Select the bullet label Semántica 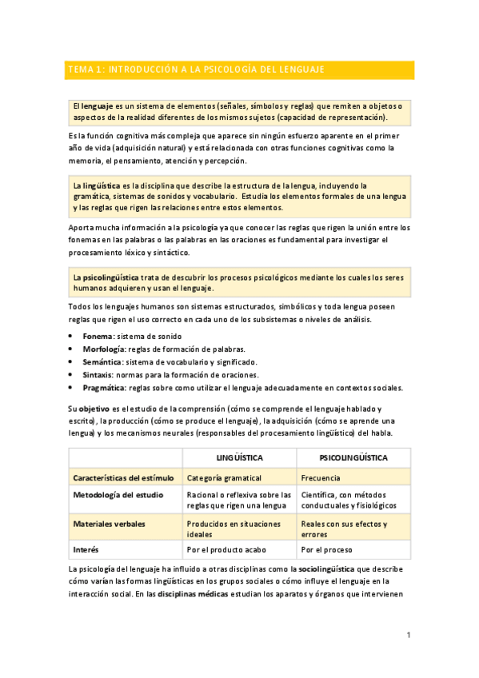pos(102,362)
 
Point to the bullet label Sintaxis pos(98,375)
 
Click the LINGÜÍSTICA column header pos(240,458)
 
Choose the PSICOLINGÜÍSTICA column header pos(353,458)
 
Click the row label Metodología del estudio pos(118,495)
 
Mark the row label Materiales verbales pos(109,524)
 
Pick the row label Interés pos(86,550)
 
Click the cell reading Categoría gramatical pos(224,478)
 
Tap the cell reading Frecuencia pos(321,478)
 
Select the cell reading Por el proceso pos(329,550)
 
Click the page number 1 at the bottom pos(408,636)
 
